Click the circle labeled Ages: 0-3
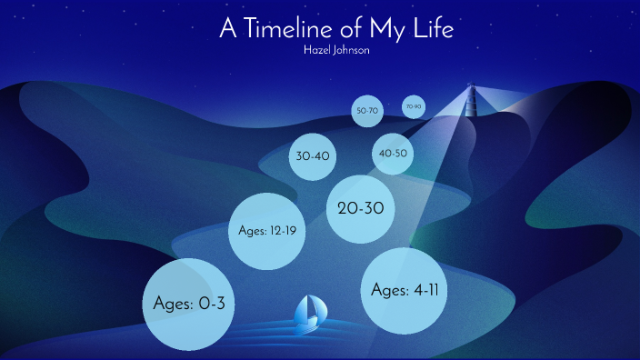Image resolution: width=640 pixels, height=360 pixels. tap(189, 305)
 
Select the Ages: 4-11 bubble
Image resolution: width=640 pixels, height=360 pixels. tap(405, 289)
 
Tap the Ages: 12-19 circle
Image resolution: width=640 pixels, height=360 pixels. tap(266, 231)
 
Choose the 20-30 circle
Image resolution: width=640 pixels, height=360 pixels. tap(360, 208)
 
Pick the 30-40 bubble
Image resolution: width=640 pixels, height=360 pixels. tap(313, 155)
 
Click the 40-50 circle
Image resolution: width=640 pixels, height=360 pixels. tap(393, 154)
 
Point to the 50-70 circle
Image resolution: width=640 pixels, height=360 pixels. tap(366, 111)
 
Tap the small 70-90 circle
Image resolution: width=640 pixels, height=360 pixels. tap(414, 106)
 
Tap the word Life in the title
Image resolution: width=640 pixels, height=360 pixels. tap(433, 28)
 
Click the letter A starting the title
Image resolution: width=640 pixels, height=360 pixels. tap(228, 28)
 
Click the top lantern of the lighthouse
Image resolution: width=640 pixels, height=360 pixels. tap(471, 87)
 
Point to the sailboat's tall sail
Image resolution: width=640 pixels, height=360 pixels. tap(314, 306)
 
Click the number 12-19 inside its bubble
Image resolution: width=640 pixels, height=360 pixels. tap(282, 231)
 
